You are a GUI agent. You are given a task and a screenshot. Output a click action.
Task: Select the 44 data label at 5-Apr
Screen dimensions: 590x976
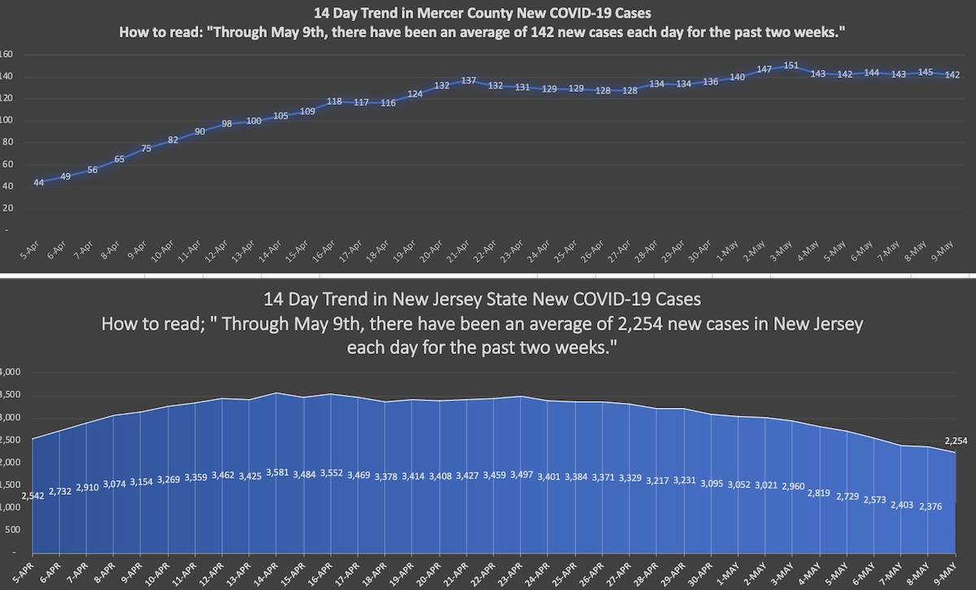coord(38,182)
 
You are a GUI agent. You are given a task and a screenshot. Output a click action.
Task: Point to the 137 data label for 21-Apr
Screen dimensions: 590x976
coord(468,80)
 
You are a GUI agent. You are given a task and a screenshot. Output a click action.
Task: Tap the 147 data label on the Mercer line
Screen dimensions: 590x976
coord(764,69)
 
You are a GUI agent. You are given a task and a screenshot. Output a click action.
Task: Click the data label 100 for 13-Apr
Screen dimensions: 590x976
coord(254,120)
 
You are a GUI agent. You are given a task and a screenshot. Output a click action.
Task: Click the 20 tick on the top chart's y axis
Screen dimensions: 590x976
coord(8,208)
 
